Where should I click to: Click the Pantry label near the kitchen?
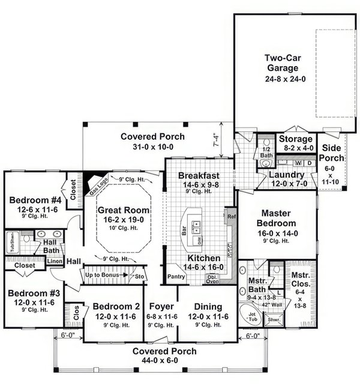tap(176, 277)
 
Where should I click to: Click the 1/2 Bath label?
tap(267, 152)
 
